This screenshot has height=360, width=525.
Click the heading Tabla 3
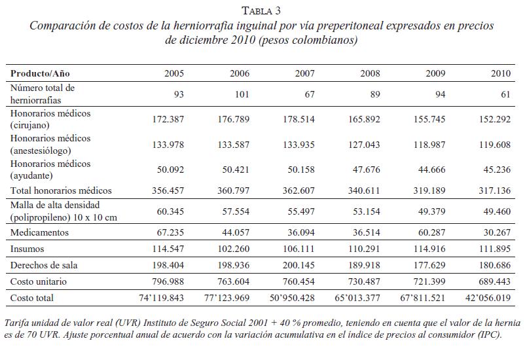[x=261, y=10]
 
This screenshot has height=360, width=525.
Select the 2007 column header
[x=304, y=73]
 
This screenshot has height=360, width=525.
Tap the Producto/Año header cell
[x=40, y=73]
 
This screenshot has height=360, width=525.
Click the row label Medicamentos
[x=39, y=232]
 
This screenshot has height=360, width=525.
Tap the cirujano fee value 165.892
[x=363, y=119]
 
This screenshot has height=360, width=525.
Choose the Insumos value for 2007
[x=297, y=249]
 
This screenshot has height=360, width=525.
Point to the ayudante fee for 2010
[x=494, y=170]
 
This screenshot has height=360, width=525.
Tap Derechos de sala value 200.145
[x=297, y=264]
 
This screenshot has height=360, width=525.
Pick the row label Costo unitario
[x=38, y=281]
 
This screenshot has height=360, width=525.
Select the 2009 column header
[x=435, y=73]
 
